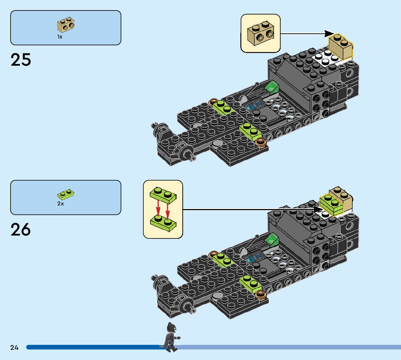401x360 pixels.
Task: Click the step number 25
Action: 21,60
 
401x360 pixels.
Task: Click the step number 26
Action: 21,229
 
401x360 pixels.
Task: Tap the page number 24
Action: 15,348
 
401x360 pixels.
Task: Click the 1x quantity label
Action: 60,37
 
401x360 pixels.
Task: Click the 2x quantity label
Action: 60,204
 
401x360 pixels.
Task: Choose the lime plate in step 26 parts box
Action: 66,195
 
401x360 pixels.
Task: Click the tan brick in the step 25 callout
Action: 260,34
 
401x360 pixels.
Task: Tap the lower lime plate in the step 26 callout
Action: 163,223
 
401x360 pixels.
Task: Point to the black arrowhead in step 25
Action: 329,34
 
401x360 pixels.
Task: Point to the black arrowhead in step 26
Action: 318,209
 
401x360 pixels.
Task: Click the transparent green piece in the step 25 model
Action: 272,88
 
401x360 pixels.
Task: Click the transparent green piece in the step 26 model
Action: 272,240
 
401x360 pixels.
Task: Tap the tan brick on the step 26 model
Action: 342,198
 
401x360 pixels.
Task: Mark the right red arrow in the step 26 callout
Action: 168,208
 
